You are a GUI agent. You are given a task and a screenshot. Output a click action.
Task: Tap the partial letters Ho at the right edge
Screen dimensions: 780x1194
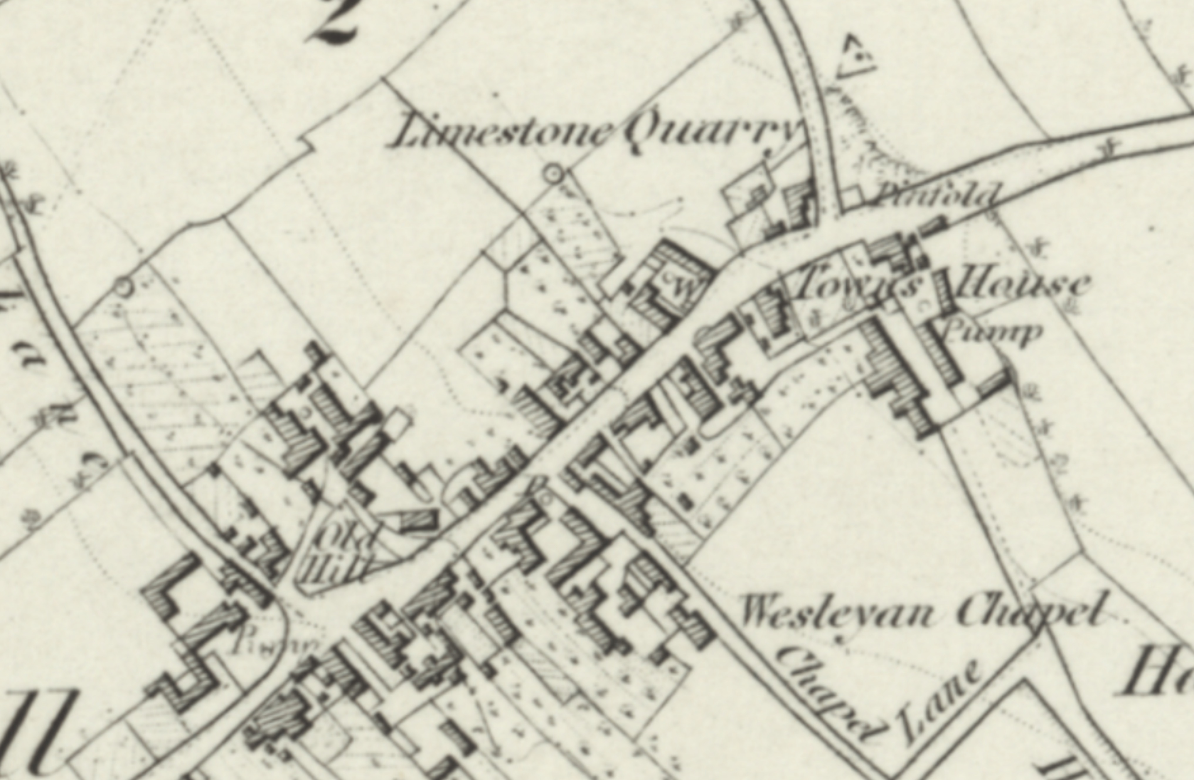[1159, 672]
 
